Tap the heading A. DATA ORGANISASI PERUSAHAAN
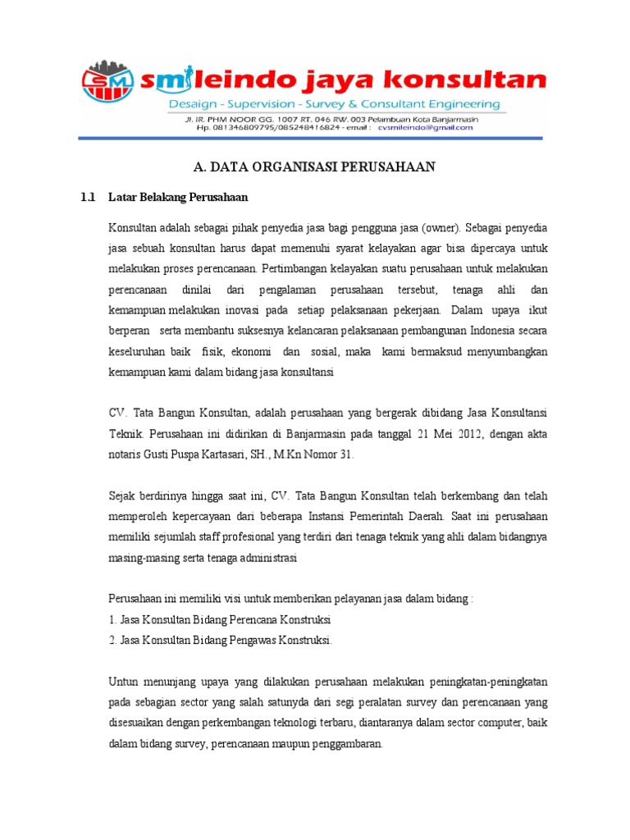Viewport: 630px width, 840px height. tap(314, 167)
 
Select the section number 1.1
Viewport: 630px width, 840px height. tap(88, 197)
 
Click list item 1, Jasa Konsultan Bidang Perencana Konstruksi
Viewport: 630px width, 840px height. tap(219, 619)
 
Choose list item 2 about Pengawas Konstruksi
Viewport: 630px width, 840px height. tap(221, 640)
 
